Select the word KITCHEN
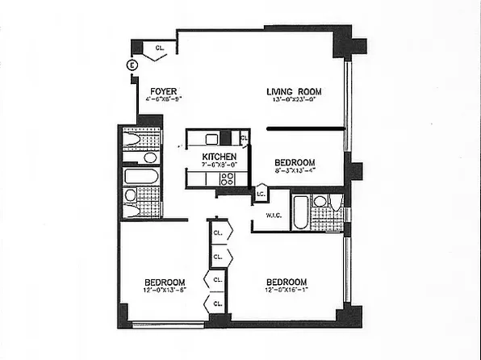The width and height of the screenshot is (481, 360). (x=219, y=157)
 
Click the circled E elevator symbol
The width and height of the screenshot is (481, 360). (x=132, y=65)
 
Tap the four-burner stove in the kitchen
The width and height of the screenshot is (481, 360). (x=228, y=179)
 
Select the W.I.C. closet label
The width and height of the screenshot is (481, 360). (x=273, y=215)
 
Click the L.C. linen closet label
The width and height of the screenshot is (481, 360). (x=261, y=194)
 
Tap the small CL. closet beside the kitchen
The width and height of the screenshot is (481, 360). (x=244, y=139)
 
